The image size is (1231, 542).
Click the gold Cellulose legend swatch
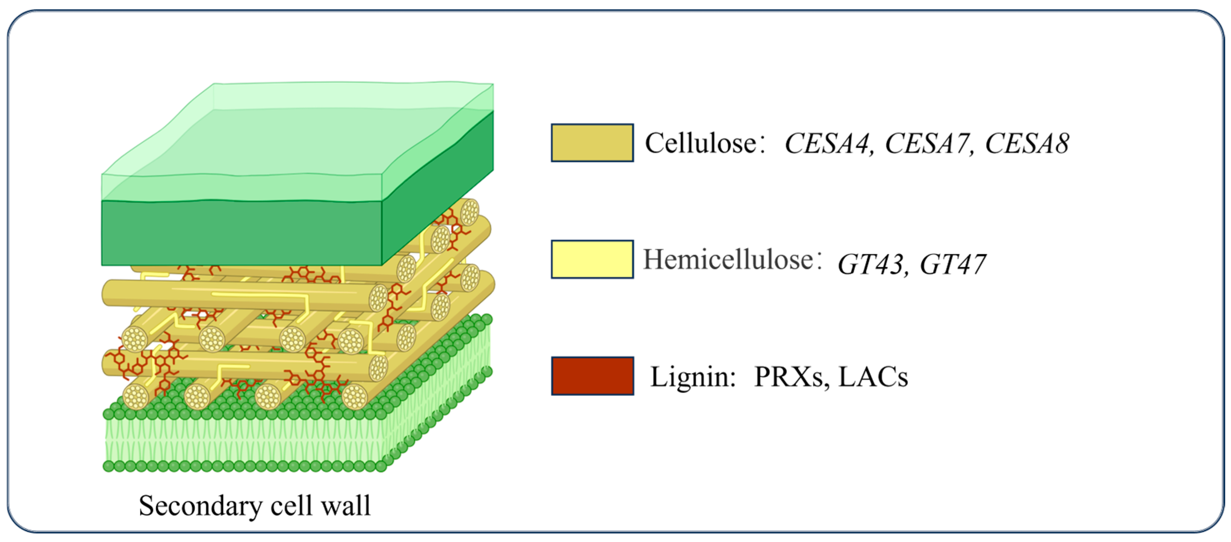(592, 142)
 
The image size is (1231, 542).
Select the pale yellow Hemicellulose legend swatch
(592, 259)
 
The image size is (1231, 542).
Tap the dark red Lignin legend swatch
(592, 376)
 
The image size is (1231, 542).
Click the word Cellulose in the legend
(701, 142)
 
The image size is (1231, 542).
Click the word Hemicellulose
(728, 260)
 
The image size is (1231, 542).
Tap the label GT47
(953, 264)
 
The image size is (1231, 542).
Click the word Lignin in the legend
(692, 377)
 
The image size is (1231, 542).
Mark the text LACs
(873, 377)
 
